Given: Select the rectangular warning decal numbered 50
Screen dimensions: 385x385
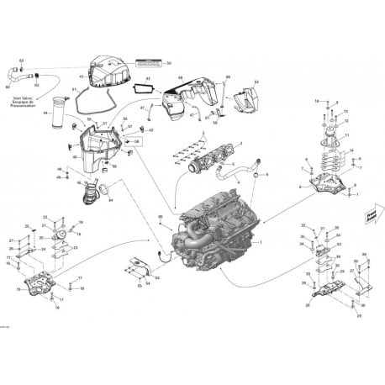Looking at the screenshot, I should pos(152,63).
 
